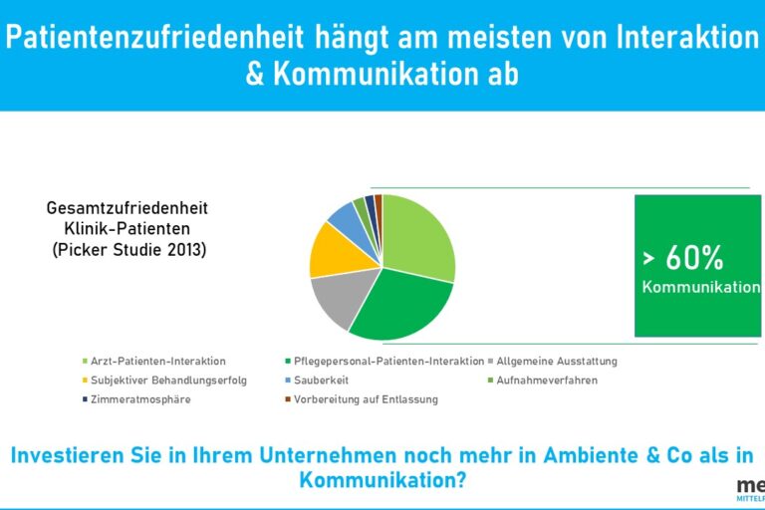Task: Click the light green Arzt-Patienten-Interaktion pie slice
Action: (x=418, y=237)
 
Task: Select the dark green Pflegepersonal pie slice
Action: (x=398, y=304)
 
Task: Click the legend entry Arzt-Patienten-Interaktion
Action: (x=158, y=361)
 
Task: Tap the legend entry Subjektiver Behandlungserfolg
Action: (x=168, y=380)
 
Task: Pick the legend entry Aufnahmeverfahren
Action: (x=546, y=380)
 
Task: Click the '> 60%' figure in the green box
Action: (x=683, y=259)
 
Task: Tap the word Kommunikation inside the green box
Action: (x=700, y=288)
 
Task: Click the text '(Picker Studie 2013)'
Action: (x=128, y=249)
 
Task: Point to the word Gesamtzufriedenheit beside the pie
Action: (x=127, y=208)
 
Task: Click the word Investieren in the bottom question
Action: (x=69, y=456)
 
